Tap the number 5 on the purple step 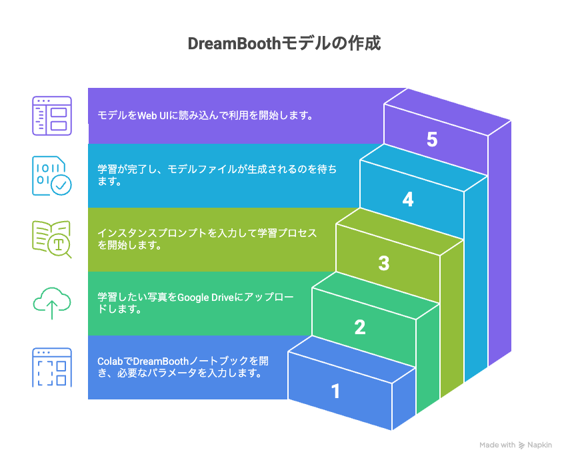coord(432,139)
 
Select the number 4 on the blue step coord(408,199)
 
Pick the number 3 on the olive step coord(384,263)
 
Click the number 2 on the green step coord(360,328)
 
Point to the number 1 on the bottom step coord(336,391)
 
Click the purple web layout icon coord(52,116)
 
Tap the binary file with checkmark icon coord(52,176)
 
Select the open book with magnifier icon coord(52,239)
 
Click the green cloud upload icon coord(52,303)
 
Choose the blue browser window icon coord(52,367)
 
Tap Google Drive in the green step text coord(206,298)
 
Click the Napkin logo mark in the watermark coord(521,445)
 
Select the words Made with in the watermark coord(497,445)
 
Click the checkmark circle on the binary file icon coord(61,185)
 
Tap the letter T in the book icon coord(59,245)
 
